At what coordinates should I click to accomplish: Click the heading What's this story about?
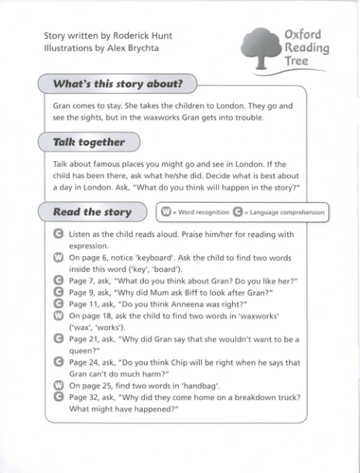pyautogui.click(x=118, y=84)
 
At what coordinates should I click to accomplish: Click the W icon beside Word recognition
pyautogui.click(x=166, y=211)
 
